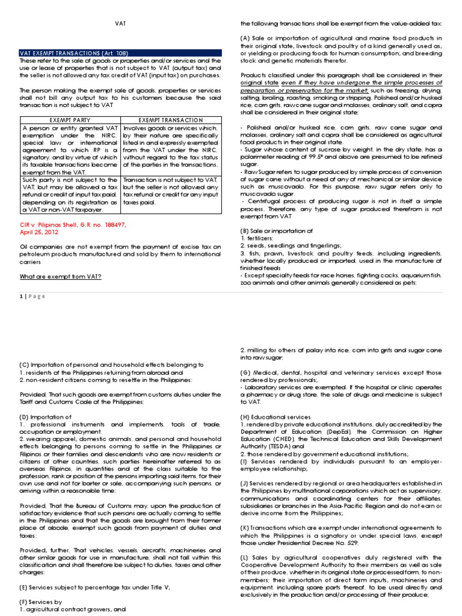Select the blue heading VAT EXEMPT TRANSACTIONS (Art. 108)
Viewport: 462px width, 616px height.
(x=75, y=53)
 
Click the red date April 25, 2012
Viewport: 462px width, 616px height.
(x=40, y=231)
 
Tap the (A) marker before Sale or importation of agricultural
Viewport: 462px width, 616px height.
(x=244, y=38)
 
